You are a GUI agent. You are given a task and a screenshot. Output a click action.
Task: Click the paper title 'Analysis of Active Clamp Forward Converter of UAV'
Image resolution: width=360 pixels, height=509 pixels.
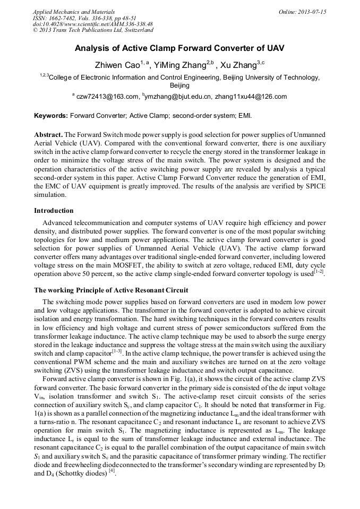(179, 48)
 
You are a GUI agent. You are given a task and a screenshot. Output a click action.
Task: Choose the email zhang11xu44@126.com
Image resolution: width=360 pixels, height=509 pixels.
(251, 97)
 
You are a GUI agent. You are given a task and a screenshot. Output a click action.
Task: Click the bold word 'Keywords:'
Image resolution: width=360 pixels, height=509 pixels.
(50, 115)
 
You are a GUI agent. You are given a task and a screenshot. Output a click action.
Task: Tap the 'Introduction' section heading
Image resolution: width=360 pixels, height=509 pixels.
(54, 210)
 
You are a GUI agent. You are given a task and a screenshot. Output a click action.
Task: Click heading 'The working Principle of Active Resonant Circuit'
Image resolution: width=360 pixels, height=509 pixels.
(110, 290)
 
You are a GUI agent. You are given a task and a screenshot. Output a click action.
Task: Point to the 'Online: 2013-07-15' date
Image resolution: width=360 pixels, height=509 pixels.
(303, 12)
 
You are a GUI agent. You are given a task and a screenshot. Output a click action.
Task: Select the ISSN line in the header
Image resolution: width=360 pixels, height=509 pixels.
(84, 18)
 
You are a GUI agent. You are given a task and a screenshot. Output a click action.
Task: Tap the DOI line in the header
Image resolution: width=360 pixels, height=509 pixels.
(92, 24)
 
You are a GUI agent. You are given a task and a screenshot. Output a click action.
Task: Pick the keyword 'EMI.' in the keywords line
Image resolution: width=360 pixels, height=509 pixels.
(245, 115)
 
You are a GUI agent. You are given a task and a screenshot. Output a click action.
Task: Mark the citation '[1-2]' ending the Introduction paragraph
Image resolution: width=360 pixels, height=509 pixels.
(319, 271)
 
